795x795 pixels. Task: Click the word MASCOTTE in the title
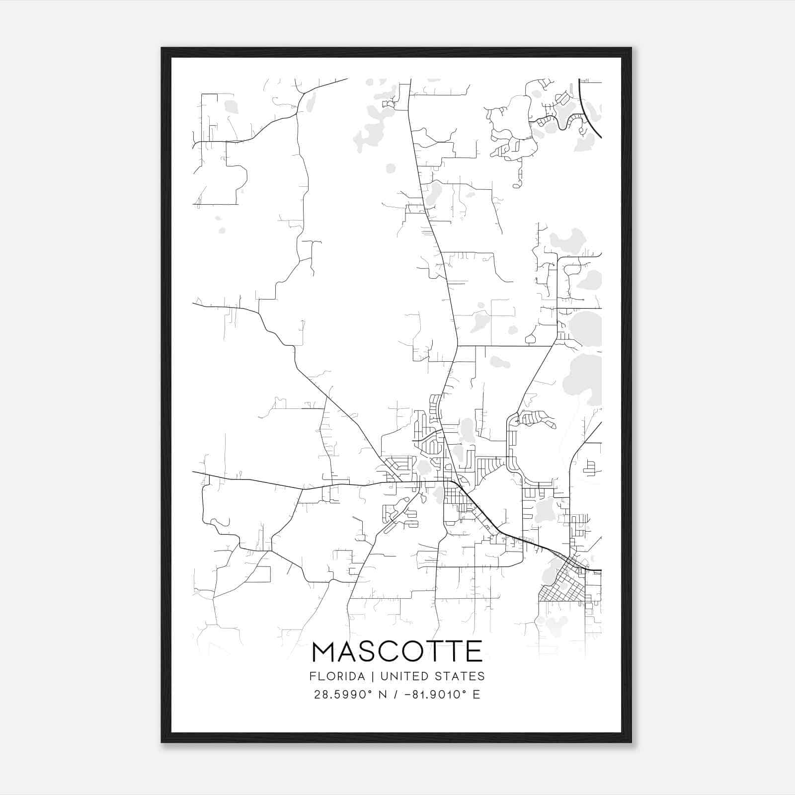point(397,651)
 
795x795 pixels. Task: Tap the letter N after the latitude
point(382,695)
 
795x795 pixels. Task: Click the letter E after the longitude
point(477,695)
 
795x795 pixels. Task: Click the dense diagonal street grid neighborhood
point(561,586)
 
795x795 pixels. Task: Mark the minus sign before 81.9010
point(408,695)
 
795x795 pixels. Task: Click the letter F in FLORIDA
point(312,676)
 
